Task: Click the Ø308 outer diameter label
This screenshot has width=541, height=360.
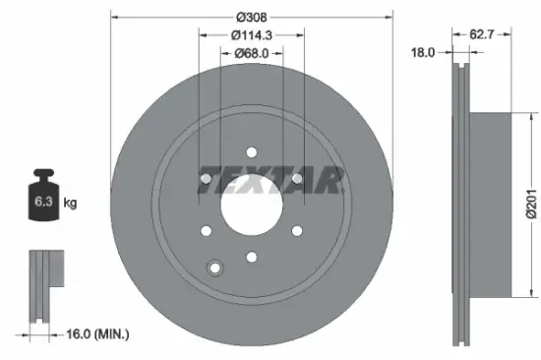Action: tap(251, 18)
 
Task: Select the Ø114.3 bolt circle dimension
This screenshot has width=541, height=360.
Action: tap(251, 35)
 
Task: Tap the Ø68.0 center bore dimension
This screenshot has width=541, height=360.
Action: tap(251, 54)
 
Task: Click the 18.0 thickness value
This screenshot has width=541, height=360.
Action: tap(422, 54)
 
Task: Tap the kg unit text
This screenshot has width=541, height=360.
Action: tap(70, 205)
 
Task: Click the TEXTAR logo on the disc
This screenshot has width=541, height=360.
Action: tap(270, 178)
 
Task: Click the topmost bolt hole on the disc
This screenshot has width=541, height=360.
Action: tap(251, 151)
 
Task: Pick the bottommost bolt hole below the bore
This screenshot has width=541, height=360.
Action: tap(251, 258)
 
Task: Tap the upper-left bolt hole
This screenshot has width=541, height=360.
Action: tap(205, 178)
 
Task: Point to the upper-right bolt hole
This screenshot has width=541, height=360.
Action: tap(296, 178)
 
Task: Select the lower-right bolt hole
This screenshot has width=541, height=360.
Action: tap(296, 231)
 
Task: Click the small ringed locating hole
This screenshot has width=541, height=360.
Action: tap(215, 266)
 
